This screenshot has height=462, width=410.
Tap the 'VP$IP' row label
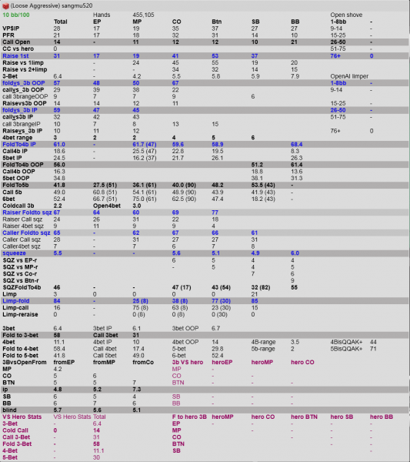[11, 28]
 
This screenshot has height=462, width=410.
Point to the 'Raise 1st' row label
[16, 55]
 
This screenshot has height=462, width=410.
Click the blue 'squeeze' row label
[15, 252]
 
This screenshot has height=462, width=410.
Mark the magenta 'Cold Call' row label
[17, 429]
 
